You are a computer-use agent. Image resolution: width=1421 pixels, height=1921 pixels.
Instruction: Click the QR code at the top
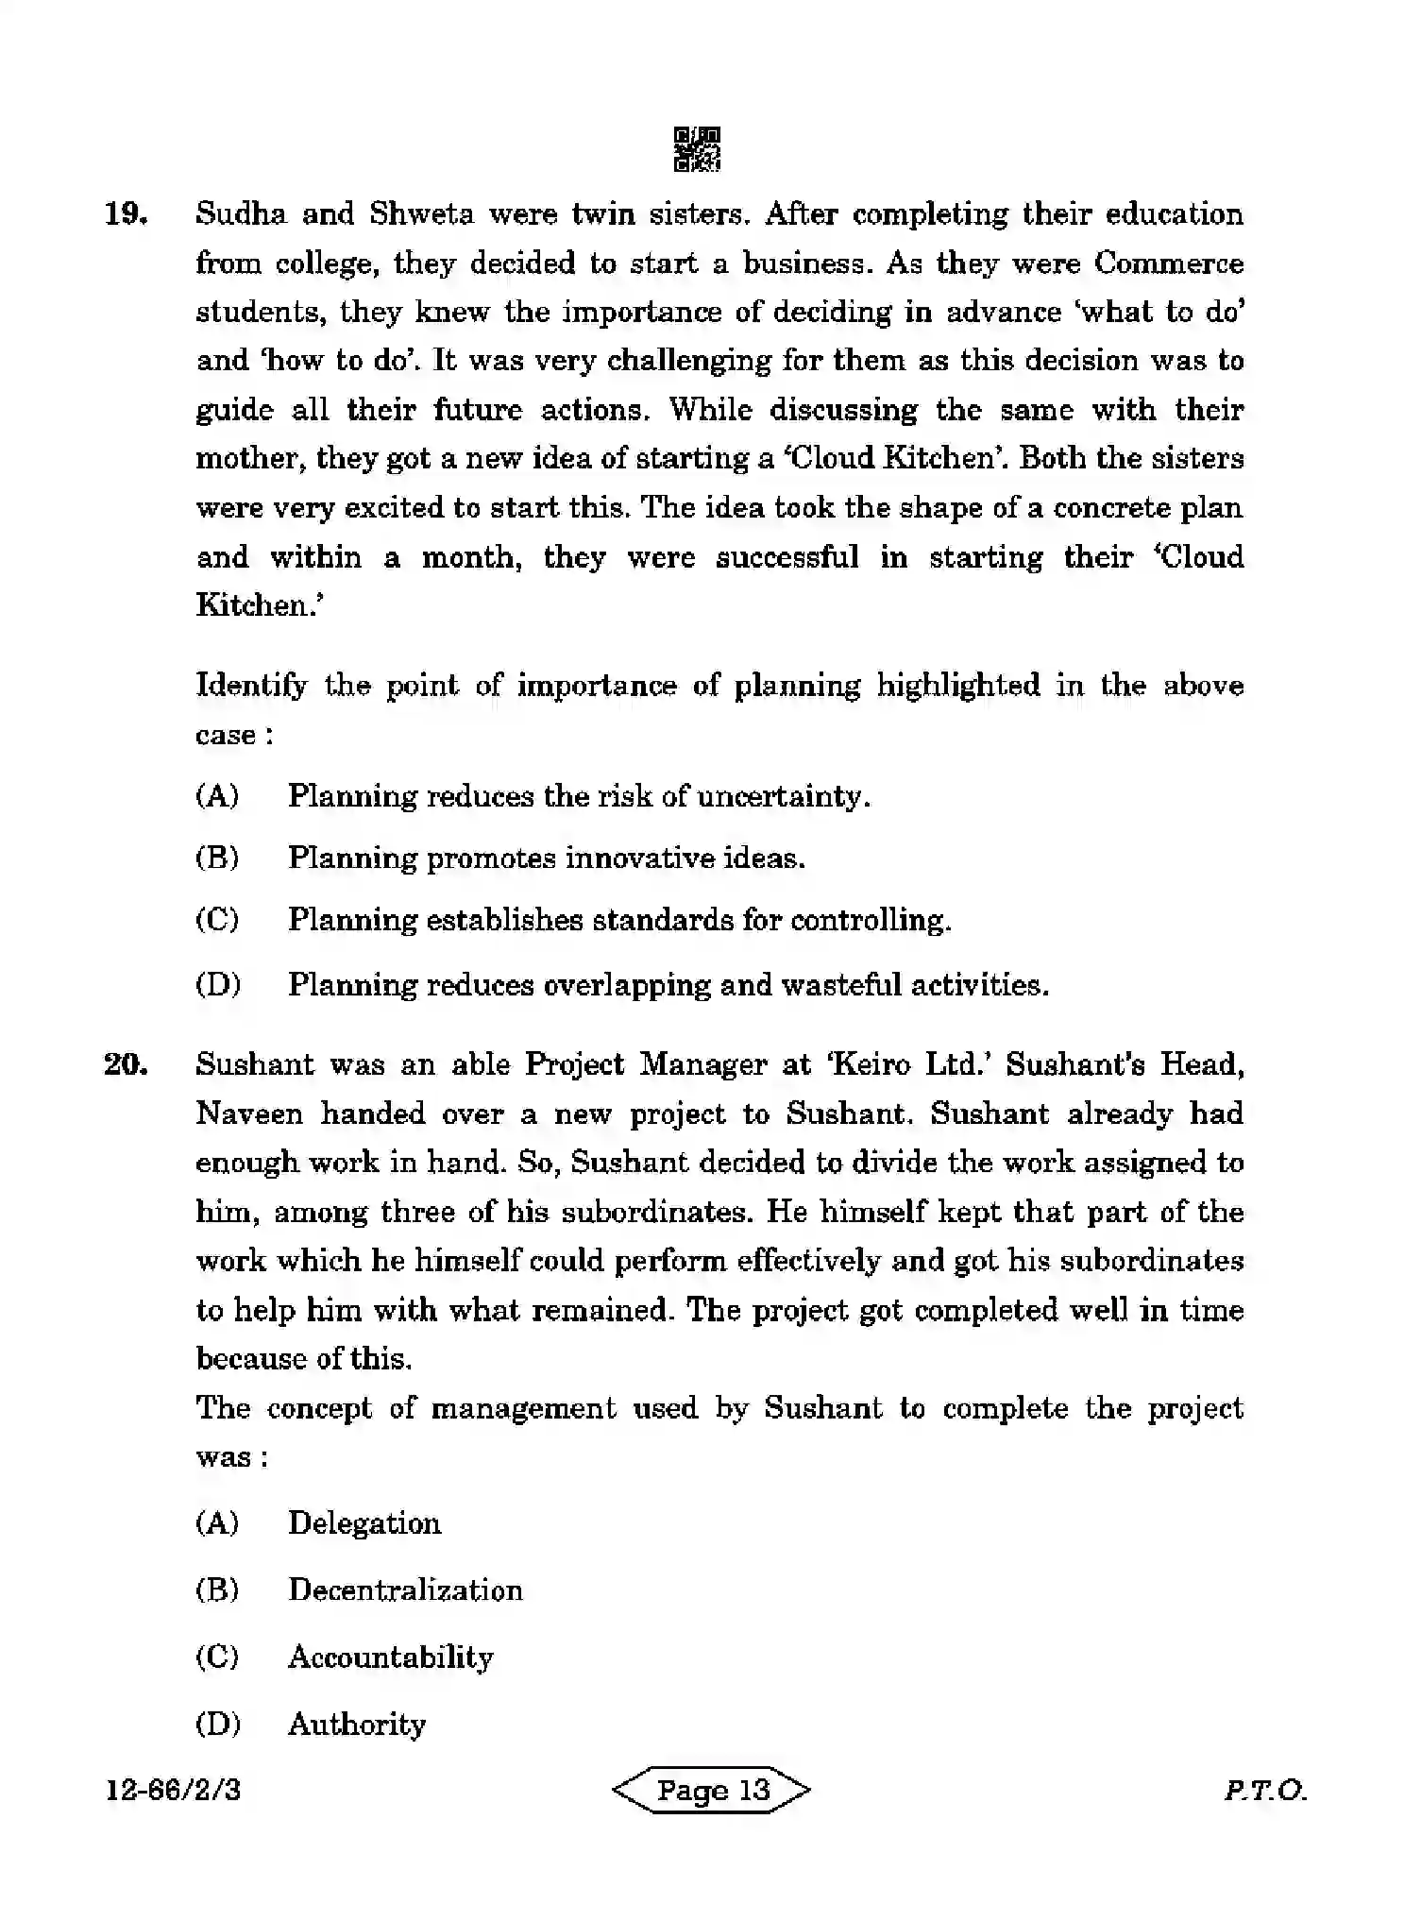coord(697,149)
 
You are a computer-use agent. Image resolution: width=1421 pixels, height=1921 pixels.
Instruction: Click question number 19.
coord(126,214)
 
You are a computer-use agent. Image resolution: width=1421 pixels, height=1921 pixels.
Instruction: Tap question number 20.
coord(126,1064)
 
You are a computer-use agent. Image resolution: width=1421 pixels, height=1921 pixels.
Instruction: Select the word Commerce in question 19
coord(1168,263)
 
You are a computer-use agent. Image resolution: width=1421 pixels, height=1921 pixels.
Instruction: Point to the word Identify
coord(251,686)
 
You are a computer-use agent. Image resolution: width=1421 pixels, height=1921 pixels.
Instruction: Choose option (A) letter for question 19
coord(217,796)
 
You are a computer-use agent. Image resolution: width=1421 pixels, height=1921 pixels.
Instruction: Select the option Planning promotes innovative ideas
coord(546,858)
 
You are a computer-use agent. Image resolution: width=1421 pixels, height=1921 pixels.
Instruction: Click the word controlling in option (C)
coord(870,920)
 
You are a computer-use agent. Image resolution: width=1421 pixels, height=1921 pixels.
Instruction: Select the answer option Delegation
coord(364,1523)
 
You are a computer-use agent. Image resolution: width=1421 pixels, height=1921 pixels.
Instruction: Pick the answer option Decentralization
coord(405,1590)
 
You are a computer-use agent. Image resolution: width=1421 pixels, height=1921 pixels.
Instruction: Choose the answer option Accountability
coord(390,1657)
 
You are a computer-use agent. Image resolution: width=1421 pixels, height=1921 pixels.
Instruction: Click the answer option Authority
coord(357,1725)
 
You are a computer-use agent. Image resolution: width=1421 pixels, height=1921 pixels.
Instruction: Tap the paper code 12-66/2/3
coord(174,1790)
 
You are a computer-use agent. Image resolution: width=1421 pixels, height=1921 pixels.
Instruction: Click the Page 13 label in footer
coord(712,1790)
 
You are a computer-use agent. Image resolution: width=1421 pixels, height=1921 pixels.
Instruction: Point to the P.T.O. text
coord(1264,1790)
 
